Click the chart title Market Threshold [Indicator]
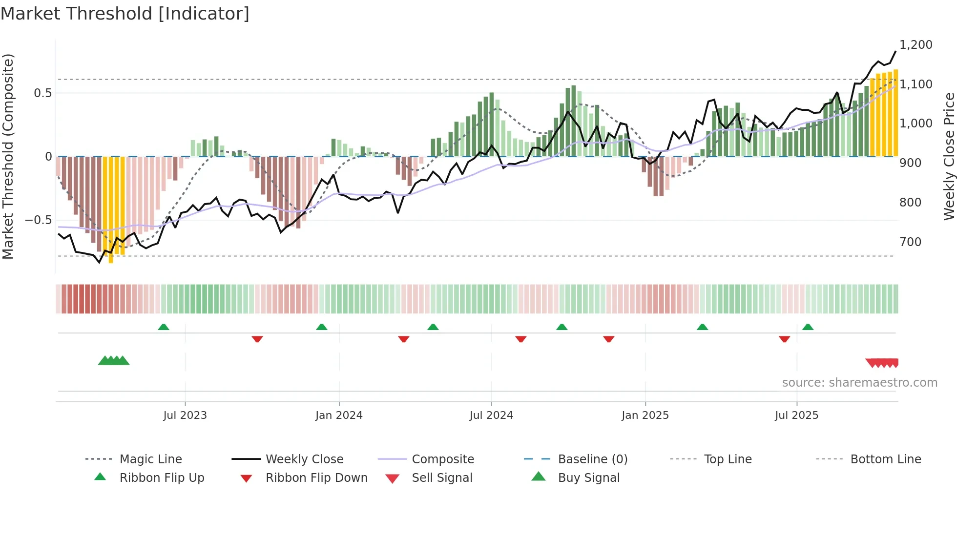tap(125, 14)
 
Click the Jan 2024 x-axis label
tap(339, 415)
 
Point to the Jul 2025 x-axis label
tap(796, 415)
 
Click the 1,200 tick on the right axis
tap(915, 45)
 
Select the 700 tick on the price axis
tap(910, 242)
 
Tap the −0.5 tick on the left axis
tap(38, 220)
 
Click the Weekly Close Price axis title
tap(949, 156)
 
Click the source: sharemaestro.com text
tap(859, 383)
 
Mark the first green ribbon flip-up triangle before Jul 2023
tap(164, 327)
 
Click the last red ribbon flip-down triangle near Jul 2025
tap(784, 339)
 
